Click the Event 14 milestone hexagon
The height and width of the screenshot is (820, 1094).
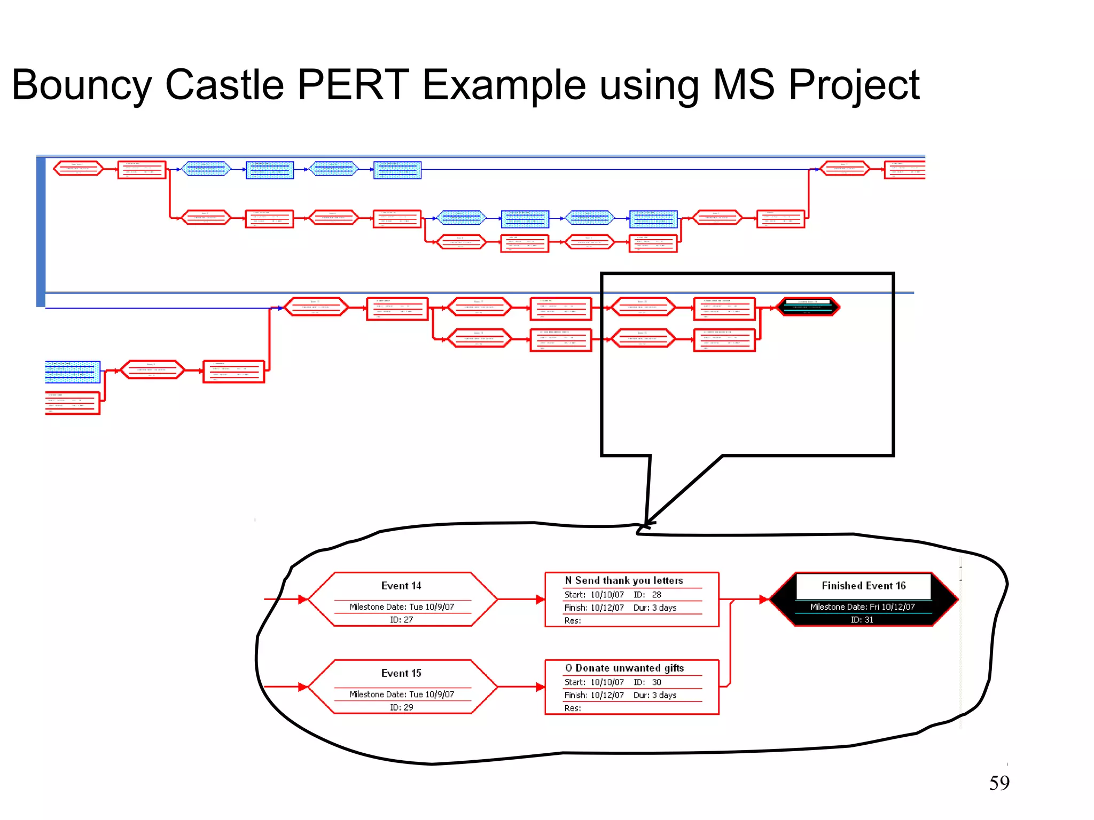(402, 599)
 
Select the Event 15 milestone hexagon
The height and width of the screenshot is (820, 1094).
(402, 687)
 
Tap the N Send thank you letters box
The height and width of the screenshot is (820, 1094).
(631, 599)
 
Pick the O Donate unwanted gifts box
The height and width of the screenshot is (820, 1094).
(631, 687)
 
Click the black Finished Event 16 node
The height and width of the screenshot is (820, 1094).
(863, 599)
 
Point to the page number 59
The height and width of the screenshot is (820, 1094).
(999, 783)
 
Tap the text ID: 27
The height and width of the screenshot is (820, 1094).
(401, 620)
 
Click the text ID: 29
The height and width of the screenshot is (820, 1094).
(401, 707)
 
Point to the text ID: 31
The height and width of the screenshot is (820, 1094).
(862, 620)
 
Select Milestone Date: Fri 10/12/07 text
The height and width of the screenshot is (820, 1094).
(862, 607)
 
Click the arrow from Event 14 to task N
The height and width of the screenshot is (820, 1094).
(521, 600)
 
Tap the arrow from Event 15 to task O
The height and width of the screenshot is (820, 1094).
(521, 687)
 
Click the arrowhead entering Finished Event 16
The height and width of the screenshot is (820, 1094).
(764, 600)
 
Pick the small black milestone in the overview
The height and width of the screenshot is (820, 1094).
(808, 307)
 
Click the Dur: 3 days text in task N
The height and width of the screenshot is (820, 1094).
(655, 608)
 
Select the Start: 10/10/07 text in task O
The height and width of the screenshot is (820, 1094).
(593, 682)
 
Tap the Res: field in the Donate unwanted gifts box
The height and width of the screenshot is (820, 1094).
(572, 708)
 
